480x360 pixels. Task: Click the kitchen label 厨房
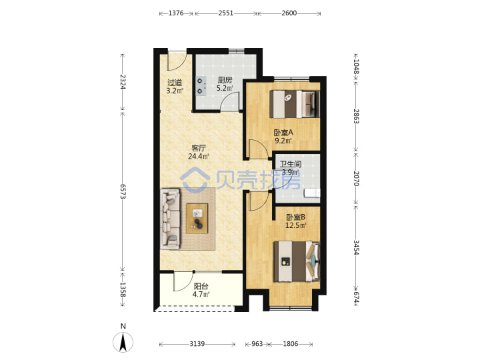coord(225,80)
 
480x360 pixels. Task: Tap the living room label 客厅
coord(199,148)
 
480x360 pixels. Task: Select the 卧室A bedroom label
coord(283,133)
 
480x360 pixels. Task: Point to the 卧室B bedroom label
coord(296,217)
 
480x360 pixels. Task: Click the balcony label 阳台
coord(201,286)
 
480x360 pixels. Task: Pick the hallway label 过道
coord(175,83)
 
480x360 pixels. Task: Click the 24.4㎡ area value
coord(199,157)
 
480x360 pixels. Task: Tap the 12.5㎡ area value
coord(296,225)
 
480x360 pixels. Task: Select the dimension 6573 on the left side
coord(123,191)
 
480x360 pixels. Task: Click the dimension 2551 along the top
coord(226,13)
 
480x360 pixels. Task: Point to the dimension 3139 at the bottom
coord(197,344)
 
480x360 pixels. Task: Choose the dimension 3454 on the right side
coord(356,247)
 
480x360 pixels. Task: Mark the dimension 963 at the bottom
coord(257,344)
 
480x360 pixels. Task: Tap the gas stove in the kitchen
coord(201,86)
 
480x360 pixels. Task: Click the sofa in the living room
coord(170,218)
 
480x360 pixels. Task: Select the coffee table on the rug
coord(197,219)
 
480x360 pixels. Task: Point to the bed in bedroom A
coord(295,104)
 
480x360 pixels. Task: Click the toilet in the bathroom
coord(312,193)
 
